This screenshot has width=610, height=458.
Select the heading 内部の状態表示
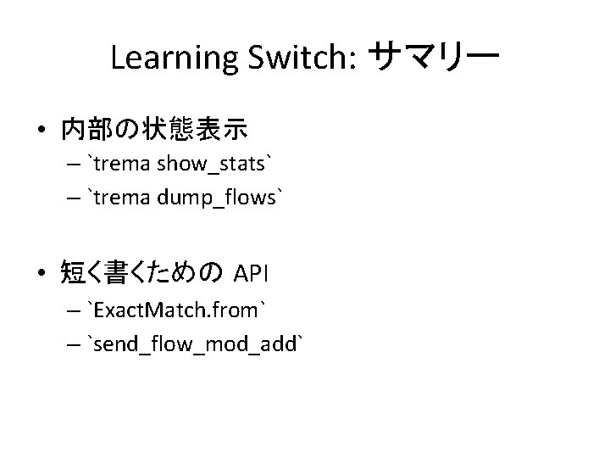point(153,129)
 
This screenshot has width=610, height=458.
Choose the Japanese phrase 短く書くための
point(141,272)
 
